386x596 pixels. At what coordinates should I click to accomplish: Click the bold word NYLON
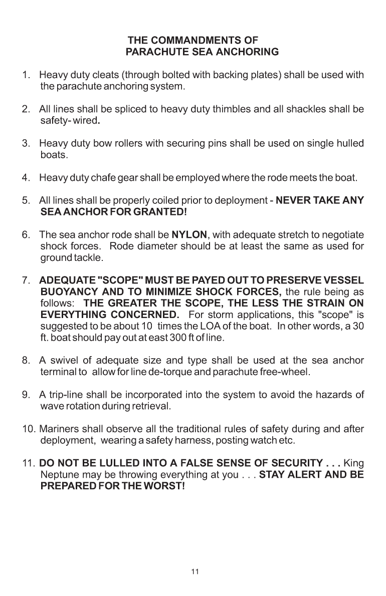tap(189, 234)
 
